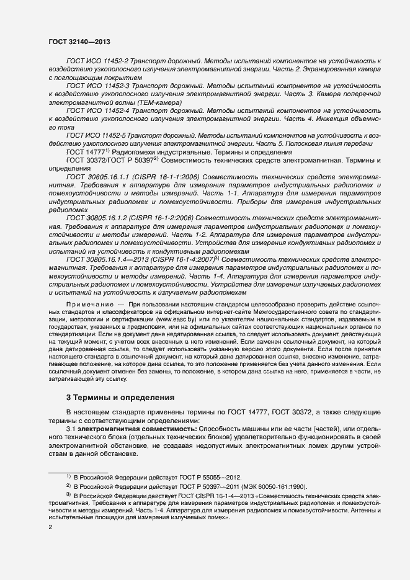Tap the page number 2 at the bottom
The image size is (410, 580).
51,527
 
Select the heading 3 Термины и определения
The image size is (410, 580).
120,396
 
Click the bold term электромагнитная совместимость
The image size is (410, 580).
126,429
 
